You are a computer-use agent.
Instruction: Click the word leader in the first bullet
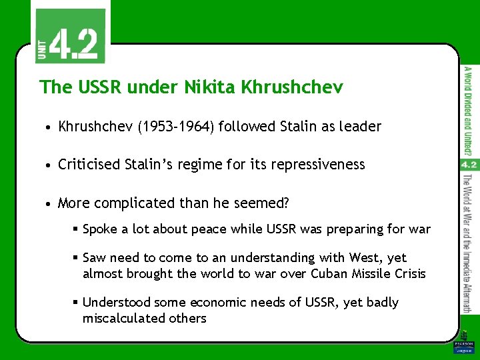pyautogui.click(x=359, y=127)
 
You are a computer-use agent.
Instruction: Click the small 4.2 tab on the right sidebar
pyautogui.click(x=468, y=165)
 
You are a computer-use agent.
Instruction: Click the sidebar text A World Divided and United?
pyautogui.click(x=469, y=110)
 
